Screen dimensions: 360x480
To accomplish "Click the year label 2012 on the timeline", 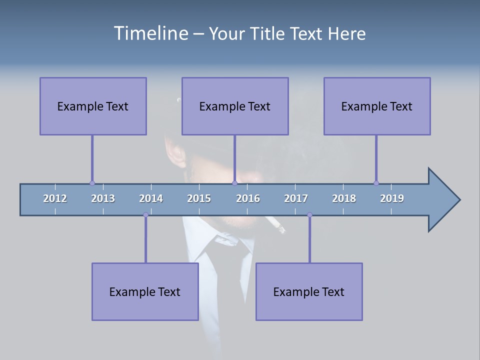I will (x=55, y=198).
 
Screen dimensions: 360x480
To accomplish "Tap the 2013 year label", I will (x=103, y=198).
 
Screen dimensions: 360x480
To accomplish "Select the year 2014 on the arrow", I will (x=151, y=198).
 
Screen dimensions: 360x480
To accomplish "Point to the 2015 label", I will (x=199, y=198).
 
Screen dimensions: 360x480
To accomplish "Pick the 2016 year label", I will (x=248, y=198).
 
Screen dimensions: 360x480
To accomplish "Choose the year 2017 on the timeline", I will (x=296, y=198).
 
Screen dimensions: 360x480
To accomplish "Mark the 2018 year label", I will (x=344, y=198).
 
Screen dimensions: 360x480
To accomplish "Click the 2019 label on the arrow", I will (x=392, y=198).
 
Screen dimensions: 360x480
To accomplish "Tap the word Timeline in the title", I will (x=150, y=33).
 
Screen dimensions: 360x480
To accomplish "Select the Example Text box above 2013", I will (x=93, y=106).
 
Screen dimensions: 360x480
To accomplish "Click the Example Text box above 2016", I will (x=235, y=106).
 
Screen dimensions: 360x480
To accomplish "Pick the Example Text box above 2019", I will (x=377, y=106).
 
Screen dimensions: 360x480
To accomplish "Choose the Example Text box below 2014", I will (x=145, y=291).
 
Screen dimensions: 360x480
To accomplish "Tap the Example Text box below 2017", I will (x=309, y=291).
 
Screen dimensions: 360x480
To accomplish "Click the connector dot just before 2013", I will (x=92, y=183).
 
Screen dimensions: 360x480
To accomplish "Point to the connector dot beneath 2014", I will (x=145, y=215).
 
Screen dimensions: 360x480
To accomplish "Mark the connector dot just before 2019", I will (x=376, y=183).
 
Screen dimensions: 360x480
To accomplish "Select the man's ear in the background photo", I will (x=175, y=150).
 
